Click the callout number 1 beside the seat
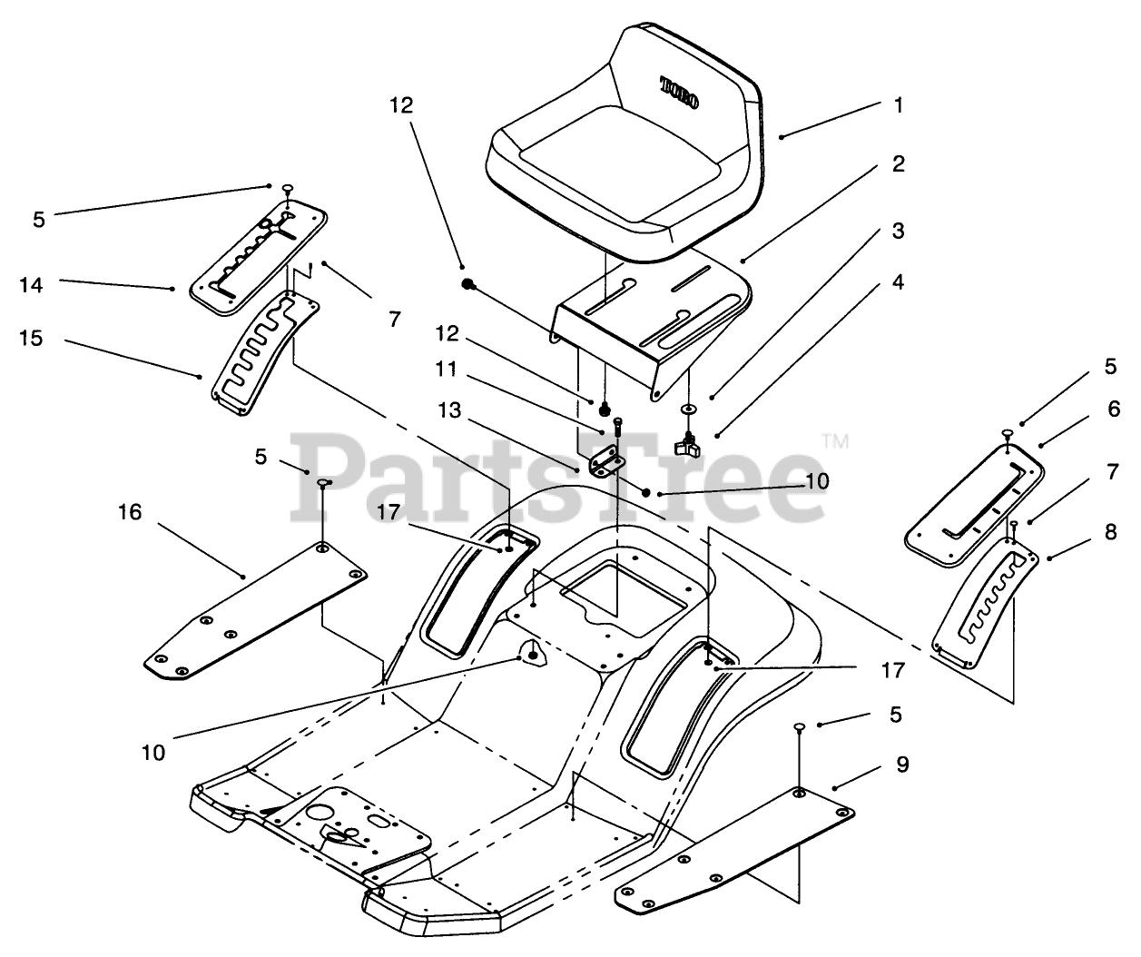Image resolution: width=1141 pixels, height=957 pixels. [899, 105]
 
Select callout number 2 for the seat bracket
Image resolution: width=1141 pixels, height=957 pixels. [898, 164]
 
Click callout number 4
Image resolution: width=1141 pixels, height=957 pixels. [898, 282]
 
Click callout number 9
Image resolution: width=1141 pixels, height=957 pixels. [901, 765]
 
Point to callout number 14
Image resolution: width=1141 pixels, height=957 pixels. [31, 285]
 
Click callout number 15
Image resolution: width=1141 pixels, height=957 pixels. [31, 340]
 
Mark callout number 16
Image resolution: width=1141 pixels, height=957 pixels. [130, 512]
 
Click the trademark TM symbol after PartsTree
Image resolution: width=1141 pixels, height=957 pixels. [834, 442]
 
